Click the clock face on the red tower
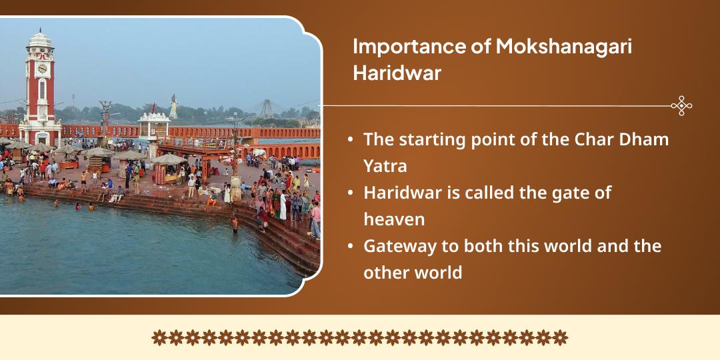tap(42, 69)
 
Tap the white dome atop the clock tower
tap(39, 38)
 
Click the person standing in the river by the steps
tap(235, 223)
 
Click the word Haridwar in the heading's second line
tap(397, 73)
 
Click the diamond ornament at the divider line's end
tap(681, 106)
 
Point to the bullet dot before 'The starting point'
tap(351, 140)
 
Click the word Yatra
tap(385, 166)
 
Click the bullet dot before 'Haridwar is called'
tap(351, 193)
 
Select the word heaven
tap(394, 219)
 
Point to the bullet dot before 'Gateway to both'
tap(351, 246)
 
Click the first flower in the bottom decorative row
tap(159, 337)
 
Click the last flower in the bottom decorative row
tap(561, 337)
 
